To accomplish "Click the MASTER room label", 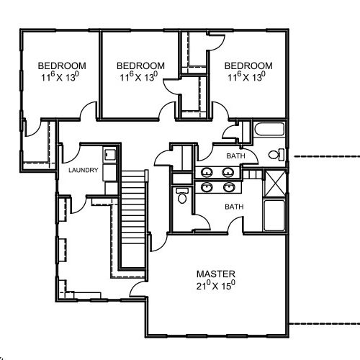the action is [216, 274].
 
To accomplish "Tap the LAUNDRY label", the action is [84, 170].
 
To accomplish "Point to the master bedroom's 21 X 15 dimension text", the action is [216, 286].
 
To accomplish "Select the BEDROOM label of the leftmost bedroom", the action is [62, 66].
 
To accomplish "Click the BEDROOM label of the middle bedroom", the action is [140, 66].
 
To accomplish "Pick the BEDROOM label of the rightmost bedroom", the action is [248, 66].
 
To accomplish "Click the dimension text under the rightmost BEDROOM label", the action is [247, 77].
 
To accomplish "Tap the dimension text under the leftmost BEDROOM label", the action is [60, 77].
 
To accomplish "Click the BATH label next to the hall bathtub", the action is [235, 156].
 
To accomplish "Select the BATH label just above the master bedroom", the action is [234, 207].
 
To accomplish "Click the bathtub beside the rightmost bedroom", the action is [269, 130].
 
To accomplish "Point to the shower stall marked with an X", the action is [275, 184].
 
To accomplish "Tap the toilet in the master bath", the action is [182, 196].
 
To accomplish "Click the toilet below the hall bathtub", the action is [276, 155].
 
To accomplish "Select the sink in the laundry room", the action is [110, 155].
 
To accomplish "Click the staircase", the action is [133, 219].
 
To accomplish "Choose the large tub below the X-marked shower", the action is [275, 215].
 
